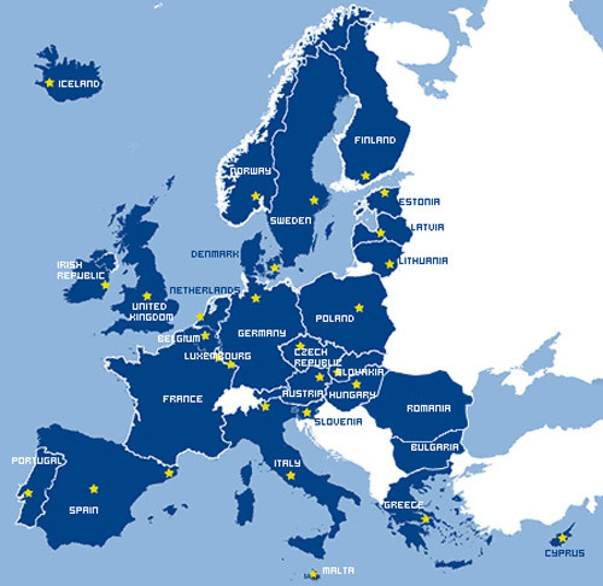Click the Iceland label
pos(79,84)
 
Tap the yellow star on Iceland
pos(49,83)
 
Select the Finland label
pos(375,140)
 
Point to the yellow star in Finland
pos(365,175)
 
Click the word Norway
pos(250,171)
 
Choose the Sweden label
pos(291,221)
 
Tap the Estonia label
pos(420,201)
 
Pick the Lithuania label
pos(423,261)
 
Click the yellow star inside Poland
pos(359,308)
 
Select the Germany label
pos(261,333)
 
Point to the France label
pos(182,399)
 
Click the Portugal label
pos(37,460)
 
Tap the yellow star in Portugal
pos(28,493)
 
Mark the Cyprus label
pos(564,553)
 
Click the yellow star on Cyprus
pos(562,538)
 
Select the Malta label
pos(338,570)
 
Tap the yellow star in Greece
pos(426,519)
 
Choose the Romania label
pos(429,408)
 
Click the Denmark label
pos(215,254)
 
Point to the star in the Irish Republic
pos(105,285)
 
